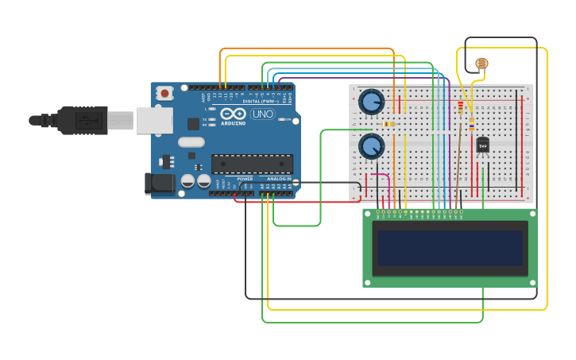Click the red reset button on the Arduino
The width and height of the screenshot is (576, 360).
coord(164,93)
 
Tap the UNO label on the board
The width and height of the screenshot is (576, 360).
coord(262,114)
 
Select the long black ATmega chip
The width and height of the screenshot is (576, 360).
coord(252,164)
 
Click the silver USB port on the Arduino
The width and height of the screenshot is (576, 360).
coord(154,121)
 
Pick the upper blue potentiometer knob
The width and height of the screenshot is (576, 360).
coord(371,102)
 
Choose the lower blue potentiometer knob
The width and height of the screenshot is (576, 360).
coord(371,146)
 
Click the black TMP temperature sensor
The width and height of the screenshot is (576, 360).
coord(482,145)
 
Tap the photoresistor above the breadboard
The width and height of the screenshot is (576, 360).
coord(481,64)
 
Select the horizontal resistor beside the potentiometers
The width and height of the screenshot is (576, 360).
coord(389,124)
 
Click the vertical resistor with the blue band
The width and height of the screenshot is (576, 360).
coord(471,124)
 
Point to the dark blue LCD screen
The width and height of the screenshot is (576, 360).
coord(450,248)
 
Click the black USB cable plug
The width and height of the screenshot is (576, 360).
coord(79,120)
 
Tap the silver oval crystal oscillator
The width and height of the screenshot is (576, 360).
coord(191,142)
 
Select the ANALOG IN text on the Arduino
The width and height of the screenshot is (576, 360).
coord(278,179)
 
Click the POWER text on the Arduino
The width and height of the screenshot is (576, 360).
coord(245,179)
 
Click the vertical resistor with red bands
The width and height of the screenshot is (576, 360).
coord(460,106)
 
